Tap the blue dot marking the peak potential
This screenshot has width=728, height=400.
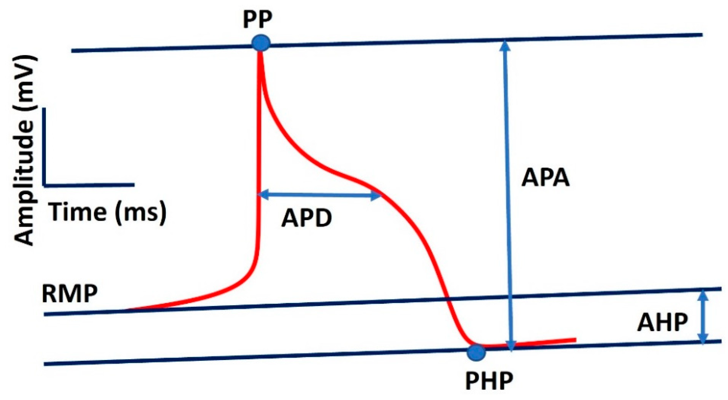261,43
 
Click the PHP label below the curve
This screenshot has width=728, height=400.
489,381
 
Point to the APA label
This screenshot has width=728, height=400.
546,178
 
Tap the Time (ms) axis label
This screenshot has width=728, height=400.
108,212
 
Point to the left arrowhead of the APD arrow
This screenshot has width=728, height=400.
263,194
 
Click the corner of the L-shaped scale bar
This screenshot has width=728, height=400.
44,185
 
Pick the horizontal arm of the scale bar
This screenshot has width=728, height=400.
90,185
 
